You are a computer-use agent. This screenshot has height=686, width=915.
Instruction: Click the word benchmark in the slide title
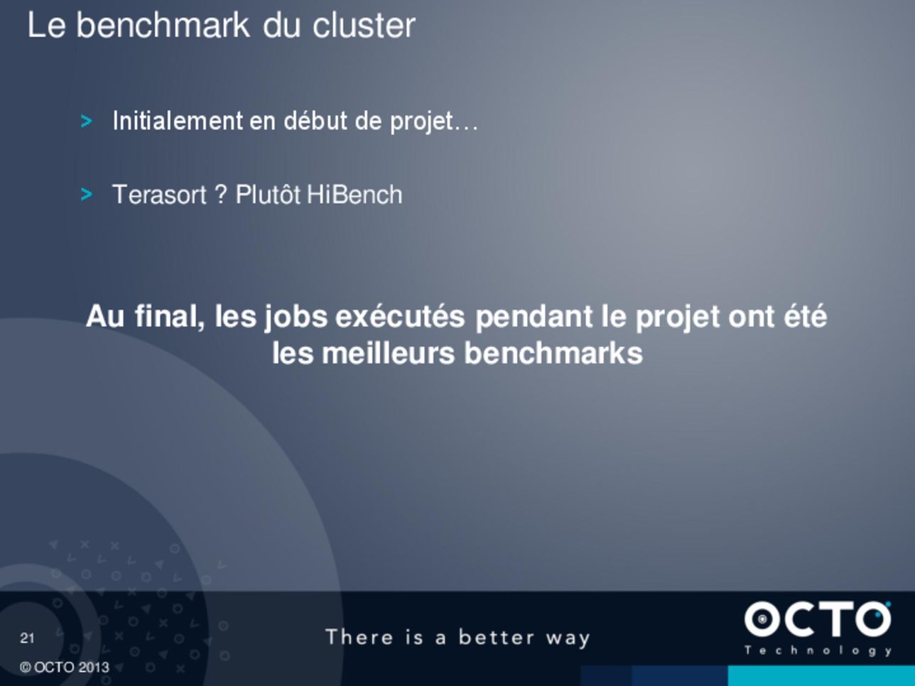pos(163,26)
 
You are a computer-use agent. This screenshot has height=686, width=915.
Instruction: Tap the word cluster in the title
pos(364,26)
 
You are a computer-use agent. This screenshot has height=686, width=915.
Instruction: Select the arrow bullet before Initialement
pos(86,121)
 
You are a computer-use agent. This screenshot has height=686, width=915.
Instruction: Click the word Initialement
pos(178,121)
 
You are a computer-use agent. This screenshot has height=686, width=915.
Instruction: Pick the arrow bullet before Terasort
pos(86,195)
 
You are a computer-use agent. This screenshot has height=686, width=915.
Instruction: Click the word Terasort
pos(159,195)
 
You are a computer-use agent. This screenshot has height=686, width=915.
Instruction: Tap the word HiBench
pos(354,195)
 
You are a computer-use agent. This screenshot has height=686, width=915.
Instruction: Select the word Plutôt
pos(268,195)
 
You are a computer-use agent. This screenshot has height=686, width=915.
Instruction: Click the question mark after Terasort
pos(221,195)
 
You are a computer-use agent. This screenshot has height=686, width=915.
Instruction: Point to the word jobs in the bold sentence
pos(296,317)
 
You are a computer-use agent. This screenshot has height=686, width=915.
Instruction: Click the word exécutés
pos(400,316)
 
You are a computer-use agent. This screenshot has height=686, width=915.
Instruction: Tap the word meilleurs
pos(388,353)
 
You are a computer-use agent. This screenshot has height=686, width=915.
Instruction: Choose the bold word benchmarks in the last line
pos(553,353)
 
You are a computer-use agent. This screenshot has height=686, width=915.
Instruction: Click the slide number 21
pos(27,638)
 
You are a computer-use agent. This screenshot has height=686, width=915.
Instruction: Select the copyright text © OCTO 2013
pos(64,668)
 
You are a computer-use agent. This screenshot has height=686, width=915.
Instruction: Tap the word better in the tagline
pos(497,638)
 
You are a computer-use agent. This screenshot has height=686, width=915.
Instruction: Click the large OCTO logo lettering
pos(818,619)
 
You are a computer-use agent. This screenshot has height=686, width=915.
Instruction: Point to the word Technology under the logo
pos(818,651)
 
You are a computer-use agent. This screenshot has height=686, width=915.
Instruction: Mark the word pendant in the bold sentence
pos(534,317)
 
